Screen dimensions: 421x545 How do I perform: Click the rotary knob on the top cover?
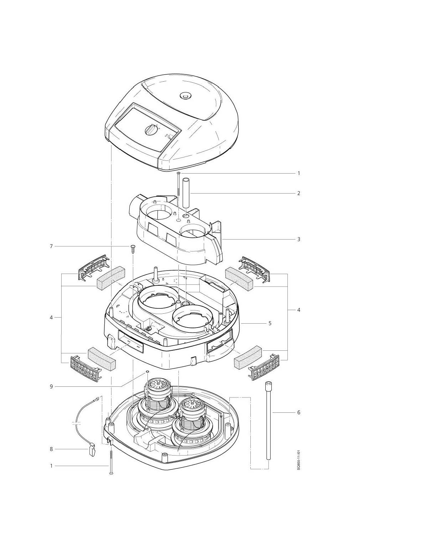[x=151, y=130]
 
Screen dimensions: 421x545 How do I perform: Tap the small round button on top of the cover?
[x=185, y=96]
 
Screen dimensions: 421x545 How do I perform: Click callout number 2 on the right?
[x=298, y=194]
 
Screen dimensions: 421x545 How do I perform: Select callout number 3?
[x=298, y=239]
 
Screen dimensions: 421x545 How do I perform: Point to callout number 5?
[x=270, y=323]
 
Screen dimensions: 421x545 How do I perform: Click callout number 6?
[x=298, y=412]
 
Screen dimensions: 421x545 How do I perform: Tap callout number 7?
[x=51, y=247]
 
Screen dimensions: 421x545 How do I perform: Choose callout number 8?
[x=51, y=449]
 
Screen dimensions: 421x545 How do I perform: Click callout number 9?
[x=51, y=386]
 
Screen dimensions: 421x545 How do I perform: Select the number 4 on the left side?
[x=51, y=318]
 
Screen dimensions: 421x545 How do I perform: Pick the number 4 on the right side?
[x=298, y=310]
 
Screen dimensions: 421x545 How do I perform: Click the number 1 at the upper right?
[x=298, y=173]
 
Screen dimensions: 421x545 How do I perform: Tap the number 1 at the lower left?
[x=51, y=466]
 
